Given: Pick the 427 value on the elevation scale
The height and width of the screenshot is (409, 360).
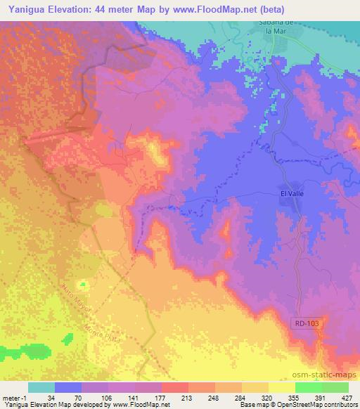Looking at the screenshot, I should tap(347, 398).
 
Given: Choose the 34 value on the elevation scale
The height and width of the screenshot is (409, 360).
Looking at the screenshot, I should tap(52, 398).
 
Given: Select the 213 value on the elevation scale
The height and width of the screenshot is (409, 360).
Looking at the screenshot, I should tap(176, 398).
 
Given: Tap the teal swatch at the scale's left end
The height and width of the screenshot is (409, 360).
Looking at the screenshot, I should tap(41, 387).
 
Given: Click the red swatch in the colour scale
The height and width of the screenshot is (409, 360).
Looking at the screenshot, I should tap(174, 387).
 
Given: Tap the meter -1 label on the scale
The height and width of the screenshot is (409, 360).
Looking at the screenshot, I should tap(15, 398).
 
